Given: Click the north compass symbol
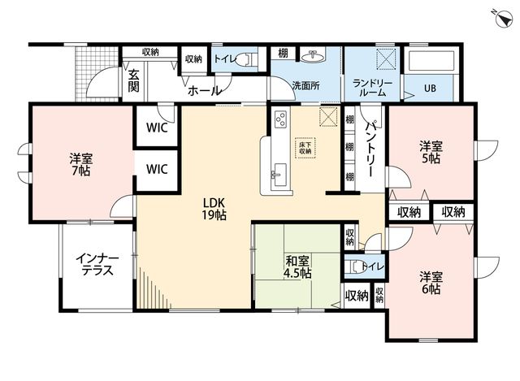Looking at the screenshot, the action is click(504, 19).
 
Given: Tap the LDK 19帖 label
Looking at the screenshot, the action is click(214, 209).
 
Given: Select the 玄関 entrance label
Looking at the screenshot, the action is click(133, 81).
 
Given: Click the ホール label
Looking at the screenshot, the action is click(204, 90).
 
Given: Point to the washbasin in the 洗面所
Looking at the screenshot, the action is click(312, 56).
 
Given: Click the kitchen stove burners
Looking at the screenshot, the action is click(281, 119).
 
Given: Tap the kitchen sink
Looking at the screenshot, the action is click(278, 175).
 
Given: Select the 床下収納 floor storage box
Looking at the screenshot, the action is click(305, 148).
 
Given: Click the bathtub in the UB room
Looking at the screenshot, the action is click(430, 61).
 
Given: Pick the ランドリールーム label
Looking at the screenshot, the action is click(372, 89).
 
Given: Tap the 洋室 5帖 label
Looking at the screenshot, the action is click(431, 152).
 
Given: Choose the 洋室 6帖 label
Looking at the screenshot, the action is click(431, 283).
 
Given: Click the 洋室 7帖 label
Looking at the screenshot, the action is click(81, 164).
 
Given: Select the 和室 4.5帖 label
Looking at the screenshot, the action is click(298, 267).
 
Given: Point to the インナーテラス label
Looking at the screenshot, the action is click(97, 265).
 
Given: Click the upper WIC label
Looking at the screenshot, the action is click(157, 128).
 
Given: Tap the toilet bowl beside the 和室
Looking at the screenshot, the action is click(355, 266).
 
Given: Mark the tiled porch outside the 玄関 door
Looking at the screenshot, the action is click(96, 73).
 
